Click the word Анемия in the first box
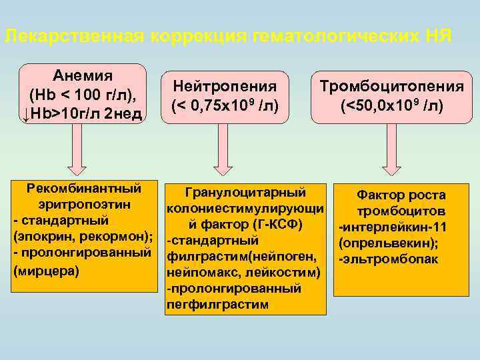(83, 74)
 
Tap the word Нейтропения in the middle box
(225, 85)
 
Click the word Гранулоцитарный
(246, 193)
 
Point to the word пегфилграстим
(217, 305)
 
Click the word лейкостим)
(286, 273)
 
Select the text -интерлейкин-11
(392, 227)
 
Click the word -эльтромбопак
(388, 259)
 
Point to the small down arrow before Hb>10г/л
(25, 115)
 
